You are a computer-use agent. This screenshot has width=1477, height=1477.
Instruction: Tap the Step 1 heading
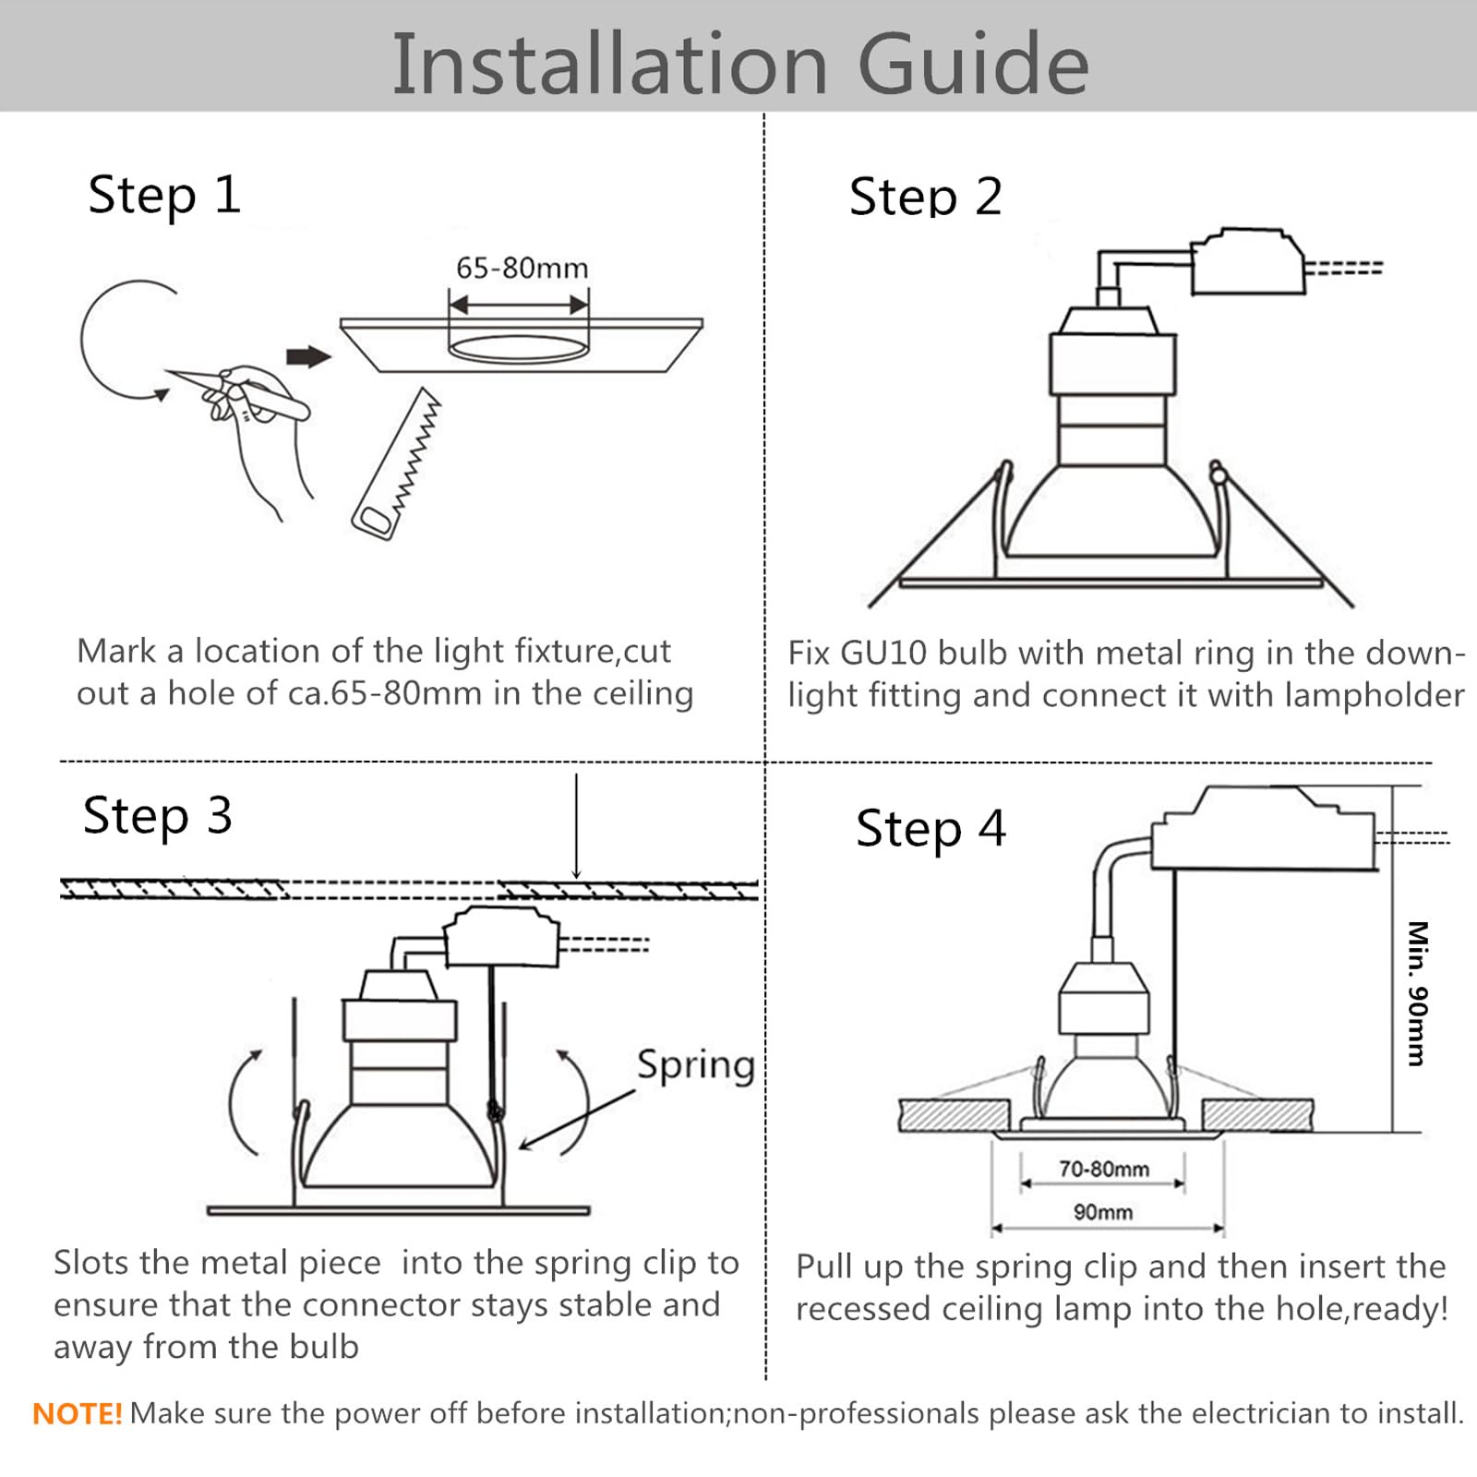point(164,196)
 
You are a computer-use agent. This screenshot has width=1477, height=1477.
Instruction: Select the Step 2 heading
point(925,197)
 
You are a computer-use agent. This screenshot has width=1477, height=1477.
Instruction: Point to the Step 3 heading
point(158,816)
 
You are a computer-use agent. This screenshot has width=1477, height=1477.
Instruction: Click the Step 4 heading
point(931,828)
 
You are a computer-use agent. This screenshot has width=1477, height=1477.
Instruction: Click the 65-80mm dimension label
point(522,268)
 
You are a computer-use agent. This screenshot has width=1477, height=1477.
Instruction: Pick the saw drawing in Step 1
point(396,463)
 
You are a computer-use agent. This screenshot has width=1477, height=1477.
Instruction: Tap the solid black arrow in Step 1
point(308,356)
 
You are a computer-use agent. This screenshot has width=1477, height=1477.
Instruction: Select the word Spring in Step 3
point(696,1065)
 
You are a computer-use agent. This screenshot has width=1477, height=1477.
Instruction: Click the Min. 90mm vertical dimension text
point(1417,993)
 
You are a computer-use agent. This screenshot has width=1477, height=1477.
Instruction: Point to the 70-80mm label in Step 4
point(1104,1169)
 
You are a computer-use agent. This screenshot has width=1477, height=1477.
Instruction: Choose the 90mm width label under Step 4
point(1103,1211)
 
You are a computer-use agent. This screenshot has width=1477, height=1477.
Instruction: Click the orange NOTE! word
point(78,1413)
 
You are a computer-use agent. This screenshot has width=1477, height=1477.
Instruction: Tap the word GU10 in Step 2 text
point(883,653)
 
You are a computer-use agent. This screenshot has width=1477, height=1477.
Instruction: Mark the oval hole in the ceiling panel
point(518,349)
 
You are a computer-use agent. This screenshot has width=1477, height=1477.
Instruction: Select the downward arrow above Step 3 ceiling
point(576,826)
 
